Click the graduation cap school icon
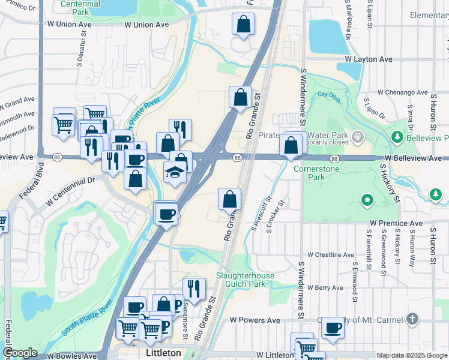(174, 173)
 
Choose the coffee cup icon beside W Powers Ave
(333, 328)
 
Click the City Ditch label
(328, 95)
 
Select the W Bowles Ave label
(72, 356)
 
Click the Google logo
(20, 353)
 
